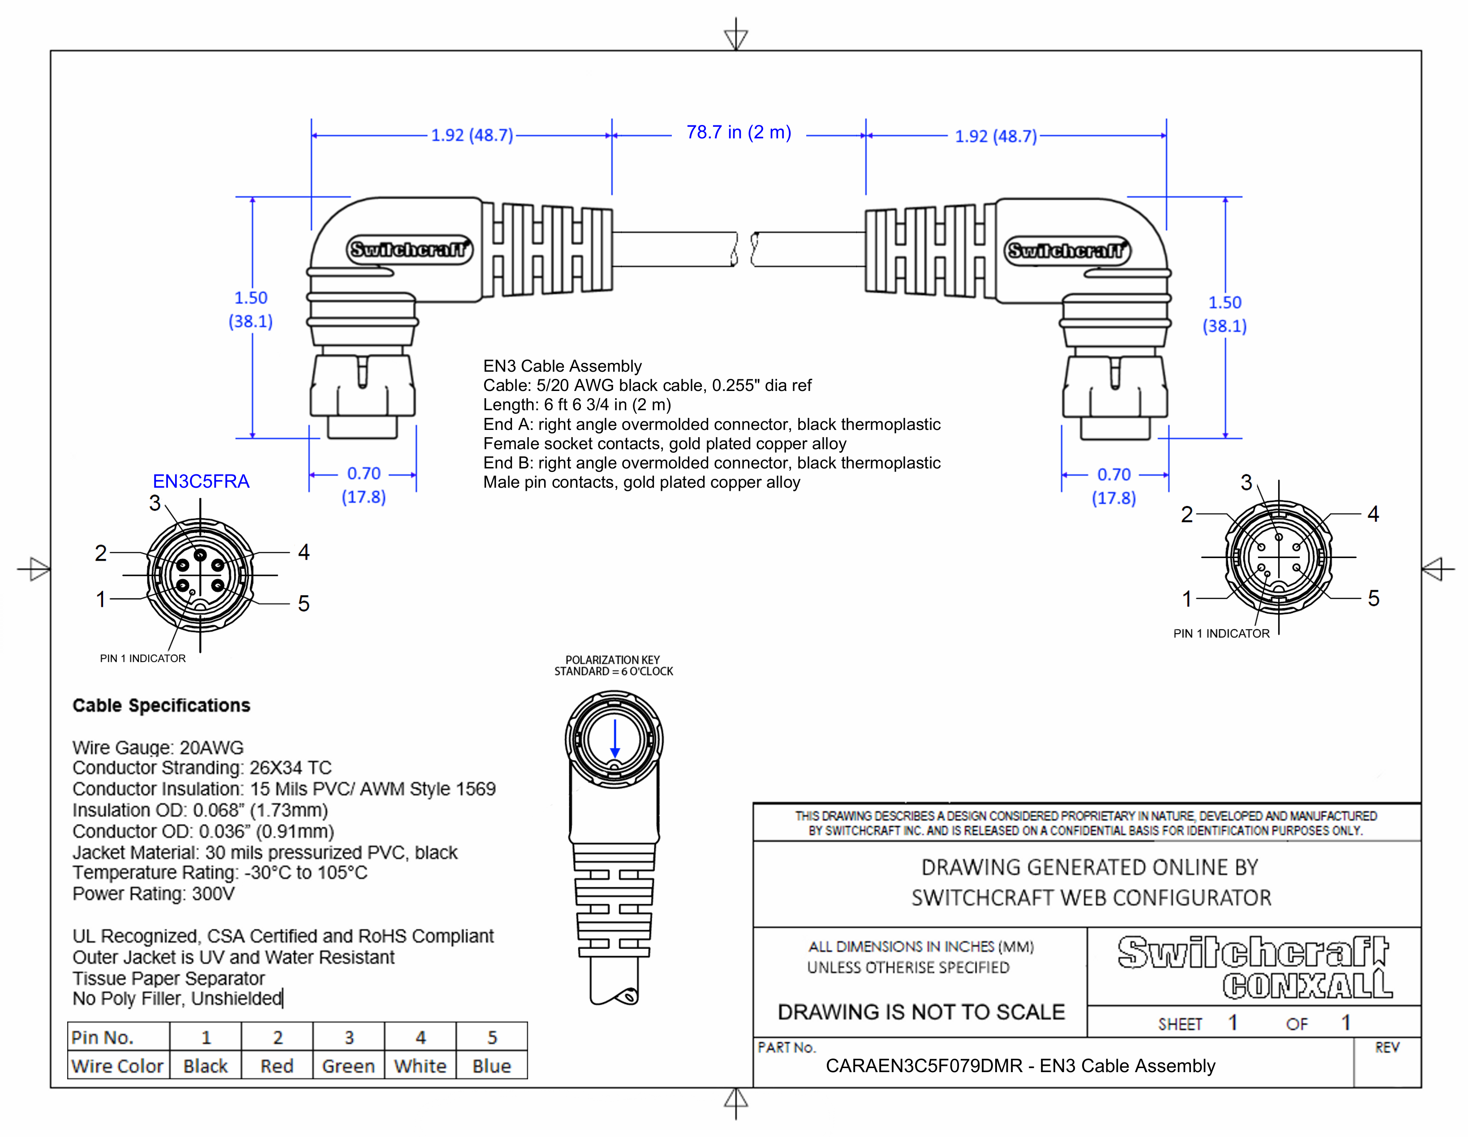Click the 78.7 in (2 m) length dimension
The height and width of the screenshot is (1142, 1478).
click(x=738, y=133)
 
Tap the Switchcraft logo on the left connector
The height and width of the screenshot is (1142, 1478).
click(x=409, y=249)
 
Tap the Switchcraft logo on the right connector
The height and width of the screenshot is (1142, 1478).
click(x=1066, y=250)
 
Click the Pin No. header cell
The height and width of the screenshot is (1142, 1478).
click(x=103, y=1037)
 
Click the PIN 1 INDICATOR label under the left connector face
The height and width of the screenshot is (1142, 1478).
click(x=143, y=658)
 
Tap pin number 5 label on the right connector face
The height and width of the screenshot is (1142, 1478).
click(x=1373, y=598)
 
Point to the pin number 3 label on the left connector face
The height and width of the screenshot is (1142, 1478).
click(x=155, y=502)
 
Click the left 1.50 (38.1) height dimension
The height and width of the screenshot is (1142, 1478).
click(x=251, y=309)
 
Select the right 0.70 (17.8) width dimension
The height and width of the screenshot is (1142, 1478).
click(x=1114, y=486)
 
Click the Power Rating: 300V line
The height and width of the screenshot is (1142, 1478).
click(x=154, y=894)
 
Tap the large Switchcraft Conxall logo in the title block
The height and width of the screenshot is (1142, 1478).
click(x=1254, y=966)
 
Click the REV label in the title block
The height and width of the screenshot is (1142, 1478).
click(x=1387, y=1048)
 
